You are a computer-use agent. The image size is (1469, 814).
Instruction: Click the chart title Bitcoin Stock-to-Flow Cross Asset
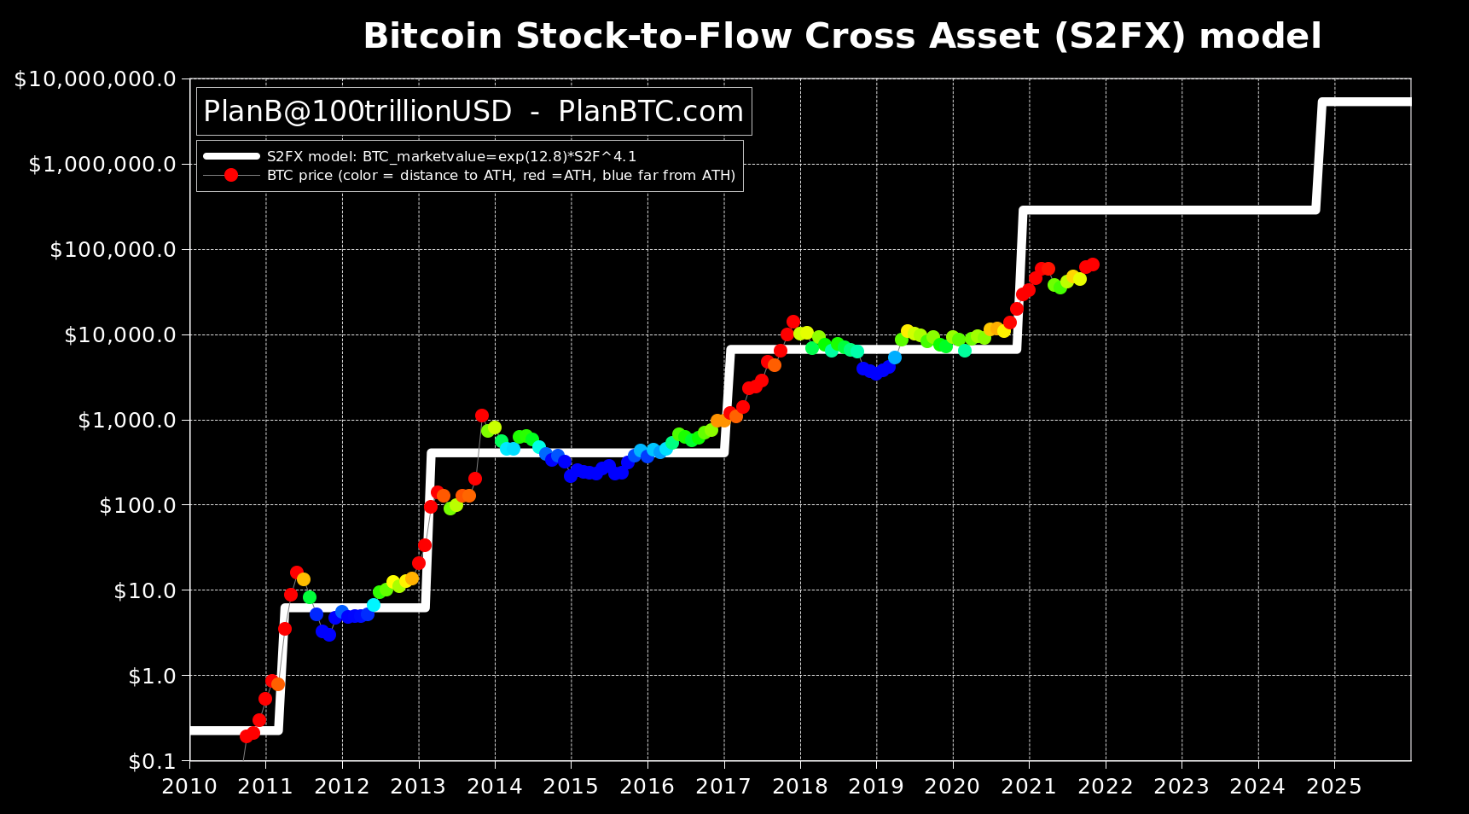(x=841, y=38)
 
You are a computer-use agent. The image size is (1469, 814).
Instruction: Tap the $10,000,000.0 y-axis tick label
(x=95, y=79)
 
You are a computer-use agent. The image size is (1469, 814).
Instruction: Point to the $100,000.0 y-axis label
(x=112, y=250)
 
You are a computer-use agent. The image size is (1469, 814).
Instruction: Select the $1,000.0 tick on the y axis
(x=126, y=421)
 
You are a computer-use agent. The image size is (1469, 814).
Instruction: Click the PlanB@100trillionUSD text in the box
(x=357, y=112)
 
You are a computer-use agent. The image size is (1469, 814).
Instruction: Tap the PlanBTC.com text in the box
(x=651, y=112)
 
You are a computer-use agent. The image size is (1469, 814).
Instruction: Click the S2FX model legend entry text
(x=451, y=156)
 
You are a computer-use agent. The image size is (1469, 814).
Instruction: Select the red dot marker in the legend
(x=230, y=176)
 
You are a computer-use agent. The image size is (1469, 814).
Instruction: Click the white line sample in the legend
(x=230, y=156)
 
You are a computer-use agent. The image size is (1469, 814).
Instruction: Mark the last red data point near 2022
(x=1092, y=265)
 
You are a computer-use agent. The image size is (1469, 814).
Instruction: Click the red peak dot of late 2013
(x=482, y=416)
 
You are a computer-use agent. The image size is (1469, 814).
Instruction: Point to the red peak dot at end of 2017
(x=793, y=322)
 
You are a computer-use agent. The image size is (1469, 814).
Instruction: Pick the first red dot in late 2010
(x=246, y=736)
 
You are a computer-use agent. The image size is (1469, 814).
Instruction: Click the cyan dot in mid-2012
(x=373, y=605)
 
